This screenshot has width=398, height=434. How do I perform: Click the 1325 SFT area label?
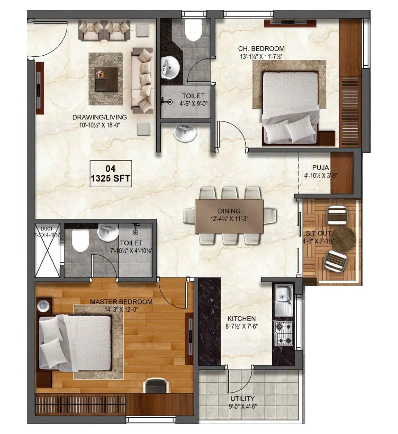pyautogui.click(x=110, y=178)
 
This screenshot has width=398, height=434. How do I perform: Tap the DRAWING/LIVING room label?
pyautogui.click(x=99, y=117)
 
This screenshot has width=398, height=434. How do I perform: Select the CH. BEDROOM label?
pyautogui.click(x=261, y=48)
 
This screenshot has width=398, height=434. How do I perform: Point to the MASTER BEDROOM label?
pyautogui.click(x=121, y=302)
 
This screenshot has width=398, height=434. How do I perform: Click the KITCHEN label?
pyautogui.click(x=241, y=319)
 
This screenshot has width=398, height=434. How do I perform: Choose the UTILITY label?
pyautogui.click(x=242, y=399)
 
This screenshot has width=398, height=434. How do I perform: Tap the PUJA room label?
pyautogui.click(x=321, y=167)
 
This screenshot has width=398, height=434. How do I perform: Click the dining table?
pyautogui.click(x=229, y=216)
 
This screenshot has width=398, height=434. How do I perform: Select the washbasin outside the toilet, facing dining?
pyautogui.click(x=185, y=132)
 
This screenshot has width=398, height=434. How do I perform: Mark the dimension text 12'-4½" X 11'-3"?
pyautogui.click(x=229, y=219)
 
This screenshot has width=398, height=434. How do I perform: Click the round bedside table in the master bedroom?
pyautogui.click(x=43, y=306)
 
